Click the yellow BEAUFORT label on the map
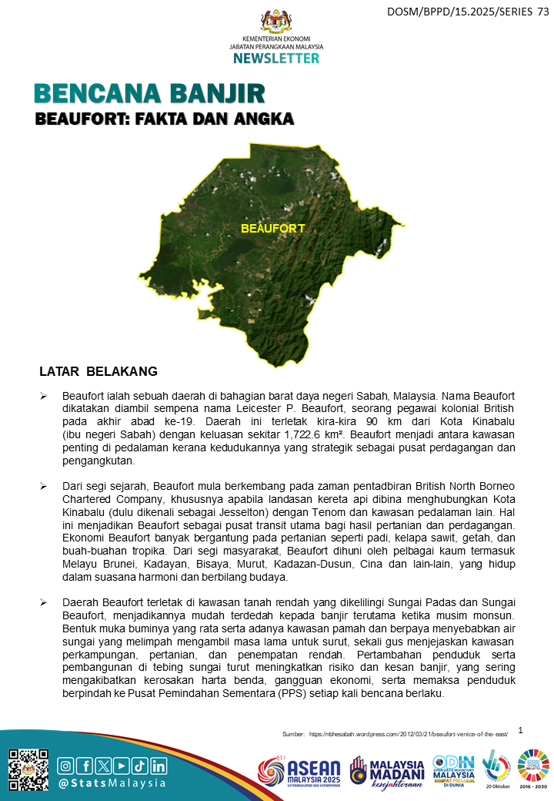click(x=272, y=229)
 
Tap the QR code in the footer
click(x=28, y=769)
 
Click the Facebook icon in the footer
click(x=85, y=766)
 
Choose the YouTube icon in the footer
click(x=122, y=766)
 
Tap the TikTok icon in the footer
click(x=140, y=766)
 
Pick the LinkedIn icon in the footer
click(x=159, y=766)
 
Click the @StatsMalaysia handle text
click(x=112, y=783)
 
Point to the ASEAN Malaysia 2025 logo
click(x=300, y=773)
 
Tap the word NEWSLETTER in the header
click(x=276, y=59)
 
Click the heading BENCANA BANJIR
click(x=150, y=94)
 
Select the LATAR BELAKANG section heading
click(x=98, y=372)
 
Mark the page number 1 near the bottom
click(x=521, y=729)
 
